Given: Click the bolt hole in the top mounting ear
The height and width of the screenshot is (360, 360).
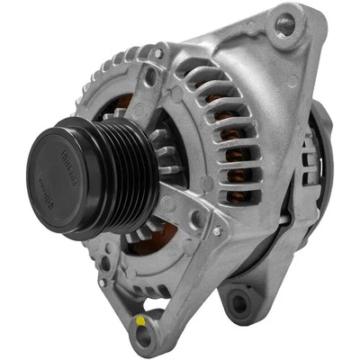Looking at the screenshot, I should pos(285,24).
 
